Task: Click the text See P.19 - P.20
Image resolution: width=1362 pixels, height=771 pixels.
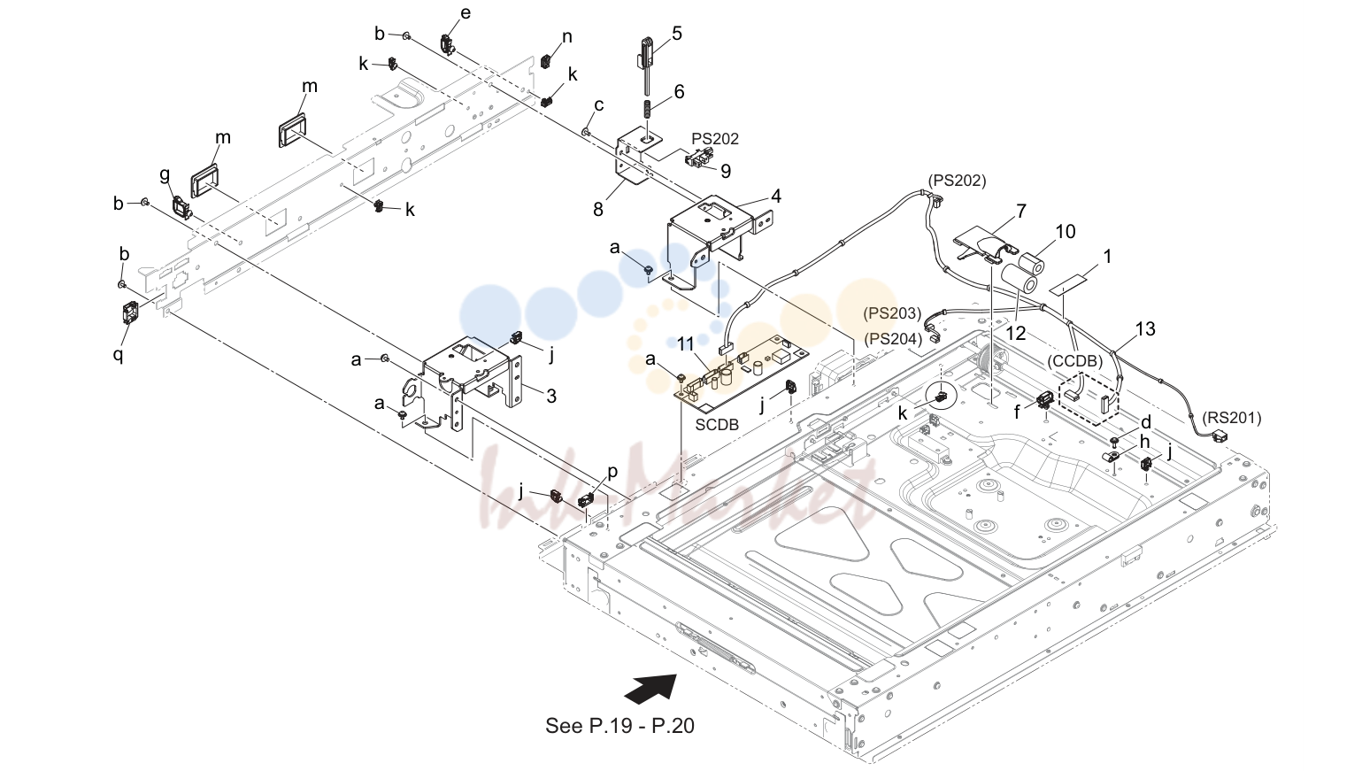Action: click(619, 725)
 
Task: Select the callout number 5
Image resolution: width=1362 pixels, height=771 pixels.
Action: click(677, 33)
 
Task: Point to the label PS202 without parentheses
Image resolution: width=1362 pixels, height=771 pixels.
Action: click(715, 139)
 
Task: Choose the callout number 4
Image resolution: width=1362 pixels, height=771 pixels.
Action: click(776, 196)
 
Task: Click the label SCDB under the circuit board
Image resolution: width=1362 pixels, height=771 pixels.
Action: click(717, 424)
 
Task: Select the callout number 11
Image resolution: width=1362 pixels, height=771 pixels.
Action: click(685, 344)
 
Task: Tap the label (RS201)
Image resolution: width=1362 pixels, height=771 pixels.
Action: click(1232, 419)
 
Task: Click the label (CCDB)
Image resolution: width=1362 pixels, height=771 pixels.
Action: click(1074, 361)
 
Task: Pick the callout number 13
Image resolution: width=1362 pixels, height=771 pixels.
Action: click(1145, 329)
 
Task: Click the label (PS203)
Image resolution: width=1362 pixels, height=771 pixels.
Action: click(892, 313)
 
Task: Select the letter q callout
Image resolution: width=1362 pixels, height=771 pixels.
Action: click(118, 354)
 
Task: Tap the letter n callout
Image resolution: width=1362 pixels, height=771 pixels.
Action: click(566, 37)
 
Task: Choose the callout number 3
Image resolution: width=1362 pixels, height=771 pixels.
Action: click(550, 397)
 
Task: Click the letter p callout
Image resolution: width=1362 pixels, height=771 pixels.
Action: click(612, 473)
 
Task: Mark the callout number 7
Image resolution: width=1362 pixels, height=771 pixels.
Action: click(1021, 211)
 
